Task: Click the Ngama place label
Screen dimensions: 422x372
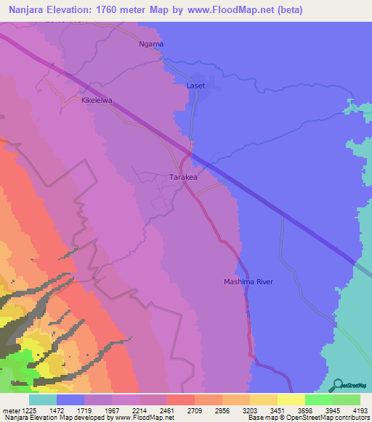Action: [x=152, y=44]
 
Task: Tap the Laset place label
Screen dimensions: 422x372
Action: [x=196, y=86]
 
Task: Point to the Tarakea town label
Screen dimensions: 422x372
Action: [x=184, y=176]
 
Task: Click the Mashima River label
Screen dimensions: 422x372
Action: [x=248, y=281]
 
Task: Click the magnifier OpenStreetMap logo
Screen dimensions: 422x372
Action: [x=336, y=385]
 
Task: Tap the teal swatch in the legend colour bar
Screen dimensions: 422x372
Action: [x=43, y=400]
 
